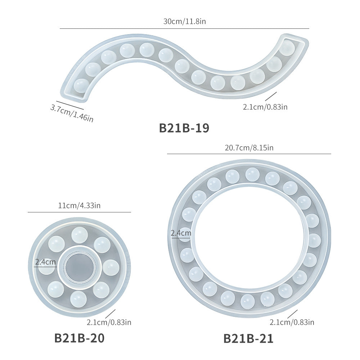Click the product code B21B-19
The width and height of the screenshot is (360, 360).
click(184, 128)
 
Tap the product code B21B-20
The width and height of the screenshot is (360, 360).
click(80, 338)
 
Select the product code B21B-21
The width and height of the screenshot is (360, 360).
click(248, 339)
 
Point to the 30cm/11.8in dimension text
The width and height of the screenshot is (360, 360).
click(185, 21)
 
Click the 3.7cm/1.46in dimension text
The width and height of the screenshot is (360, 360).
click(72, 113)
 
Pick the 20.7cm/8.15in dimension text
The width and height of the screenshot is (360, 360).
click(249, 148)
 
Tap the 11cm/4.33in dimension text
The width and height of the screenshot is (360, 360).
click(79, 205)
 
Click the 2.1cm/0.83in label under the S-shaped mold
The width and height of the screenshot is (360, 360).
click(265, 107)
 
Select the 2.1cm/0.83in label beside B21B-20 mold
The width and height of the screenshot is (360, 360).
click(109, 322)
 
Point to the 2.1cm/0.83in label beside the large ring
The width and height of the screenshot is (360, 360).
click(292, 322)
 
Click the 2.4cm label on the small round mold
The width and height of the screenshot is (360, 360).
click(45, 262)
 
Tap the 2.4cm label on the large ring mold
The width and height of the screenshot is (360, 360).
click(181, 233)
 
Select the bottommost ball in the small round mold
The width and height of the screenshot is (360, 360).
click(78, 299)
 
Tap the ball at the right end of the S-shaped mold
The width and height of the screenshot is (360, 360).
click(287, 48)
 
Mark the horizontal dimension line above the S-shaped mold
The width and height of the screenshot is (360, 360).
click(184, 29)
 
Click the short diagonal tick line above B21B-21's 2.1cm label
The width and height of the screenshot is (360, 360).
click(292, 314)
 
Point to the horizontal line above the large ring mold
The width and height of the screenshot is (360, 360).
click(249, 154)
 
